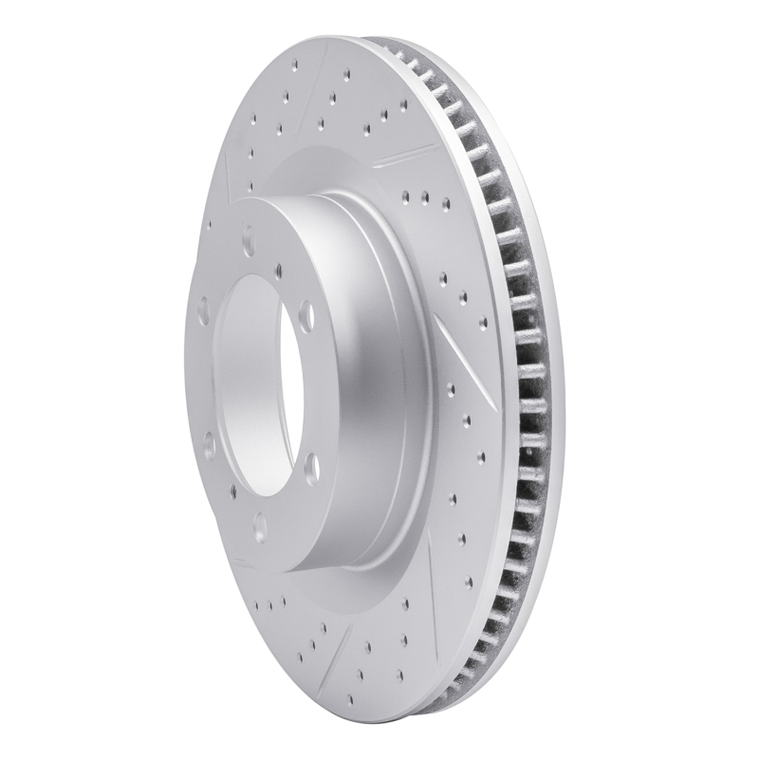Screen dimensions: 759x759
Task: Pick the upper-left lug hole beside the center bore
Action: coord(205,308)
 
